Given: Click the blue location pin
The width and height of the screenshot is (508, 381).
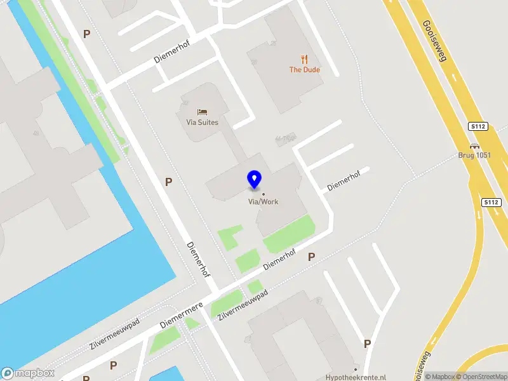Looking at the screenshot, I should click(x=254, y=180).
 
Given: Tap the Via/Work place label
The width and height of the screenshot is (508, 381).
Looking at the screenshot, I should click(x=263, y=202).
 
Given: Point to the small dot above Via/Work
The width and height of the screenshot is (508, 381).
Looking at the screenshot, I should click(x=263, y=194).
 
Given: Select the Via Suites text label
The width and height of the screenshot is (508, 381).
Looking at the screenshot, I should click(x=203, y=123).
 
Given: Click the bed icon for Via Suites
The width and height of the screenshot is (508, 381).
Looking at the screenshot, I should click(x=202, y=112).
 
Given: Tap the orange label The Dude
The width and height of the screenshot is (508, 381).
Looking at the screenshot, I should click(x=305, y=70).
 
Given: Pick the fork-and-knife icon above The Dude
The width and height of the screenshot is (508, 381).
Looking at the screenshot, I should click(x=305, y=60).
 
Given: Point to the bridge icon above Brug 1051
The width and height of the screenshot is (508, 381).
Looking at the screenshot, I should click(x=474, y=145).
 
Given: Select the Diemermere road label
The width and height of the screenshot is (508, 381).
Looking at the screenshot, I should click(x=181, y=314).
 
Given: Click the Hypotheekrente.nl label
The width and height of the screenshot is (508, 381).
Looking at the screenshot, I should click(x=356, y=377).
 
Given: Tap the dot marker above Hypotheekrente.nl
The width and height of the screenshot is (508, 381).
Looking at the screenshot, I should click(x=356, y=369).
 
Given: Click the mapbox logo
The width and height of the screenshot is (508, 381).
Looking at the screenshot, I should click(x=28, y=373).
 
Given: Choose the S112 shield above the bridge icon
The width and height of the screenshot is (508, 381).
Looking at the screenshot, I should click(x=478, y=126).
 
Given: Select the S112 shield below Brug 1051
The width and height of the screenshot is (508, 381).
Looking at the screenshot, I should click(x=491, y=202).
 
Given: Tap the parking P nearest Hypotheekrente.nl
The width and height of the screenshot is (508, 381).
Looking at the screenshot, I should click(x=367, y=344).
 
